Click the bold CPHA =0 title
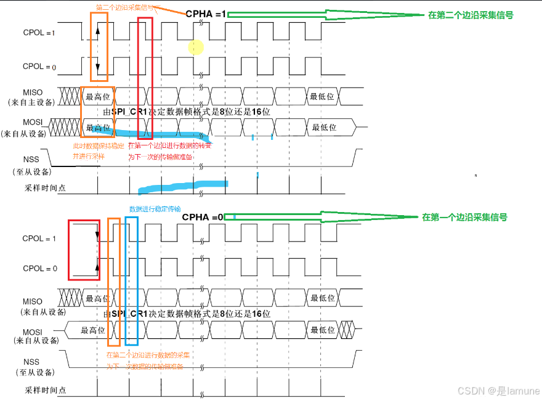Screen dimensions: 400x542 [x=203, y=218]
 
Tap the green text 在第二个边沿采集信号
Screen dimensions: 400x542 [x=471, y=15]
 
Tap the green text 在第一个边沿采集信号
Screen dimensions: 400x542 [x=464, y=218]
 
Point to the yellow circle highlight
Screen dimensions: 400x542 [x=196, y=47]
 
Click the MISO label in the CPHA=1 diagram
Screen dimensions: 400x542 [x=33, y=92]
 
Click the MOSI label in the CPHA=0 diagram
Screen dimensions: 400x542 [x=33, y=332]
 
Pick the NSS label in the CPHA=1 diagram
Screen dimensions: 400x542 [x=31, y=160]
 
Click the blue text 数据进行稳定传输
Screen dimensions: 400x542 [x=155, y=209]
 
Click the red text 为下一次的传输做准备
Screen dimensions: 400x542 [x=160, y=157]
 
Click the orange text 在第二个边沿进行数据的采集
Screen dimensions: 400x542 [x=148, y=356]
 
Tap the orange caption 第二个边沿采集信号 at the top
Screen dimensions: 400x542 [x=124, y=8]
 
